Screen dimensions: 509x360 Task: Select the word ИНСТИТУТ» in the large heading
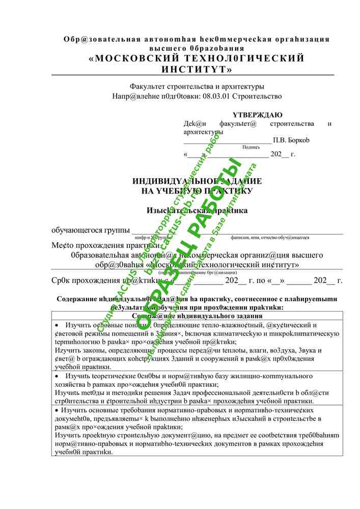(x=197, y=69)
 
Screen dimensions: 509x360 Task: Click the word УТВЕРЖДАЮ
(x=258, y=115)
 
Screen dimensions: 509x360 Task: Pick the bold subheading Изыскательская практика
(x=197, y=210)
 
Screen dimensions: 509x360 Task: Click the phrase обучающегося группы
(x=91, y=231)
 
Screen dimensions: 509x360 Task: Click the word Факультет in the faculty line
(x=148, y=87)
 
